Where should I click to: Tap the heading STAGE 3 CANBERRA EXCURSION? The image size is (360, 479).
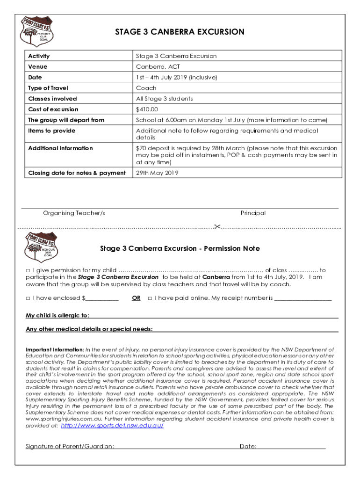click(x=180, y=32)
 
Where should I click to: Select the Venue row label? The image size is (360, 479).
click(x=38, y=67)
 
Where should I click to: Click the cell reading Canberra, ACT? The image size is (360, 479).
click(x=158, y=67)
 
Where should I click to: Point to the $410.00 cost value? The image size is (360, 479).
click(x=147, y=109)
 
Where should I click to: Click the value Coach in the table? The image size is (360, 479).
click(x=146, y=88)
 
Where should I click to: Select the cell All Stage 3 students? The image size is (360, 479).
click(x=164, y=99)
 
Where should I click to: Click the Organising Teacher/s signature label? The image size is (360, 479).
click(x=74, y=213)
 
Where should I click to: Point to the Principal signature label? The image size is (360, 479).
click(x=253, y=213)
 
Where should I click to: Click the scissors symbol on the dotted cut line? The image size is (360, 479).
click(x=217, y=227)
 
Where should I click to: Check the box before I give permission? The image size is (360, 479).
click(x=28, y=270)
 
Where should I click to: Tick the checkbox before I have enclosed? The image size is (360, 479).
click(x=28, y=298)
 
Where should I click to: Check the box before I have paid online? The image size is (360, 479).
click(x=150, y=298)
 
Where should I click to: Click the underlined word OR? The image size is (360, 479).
click(x=136, y=298)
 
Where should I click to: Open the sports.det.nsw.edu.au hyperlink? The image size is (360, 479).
click(x=113, y=426)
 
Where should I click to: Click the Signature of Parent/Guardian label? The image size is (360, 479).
click(x=70, y=446)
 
